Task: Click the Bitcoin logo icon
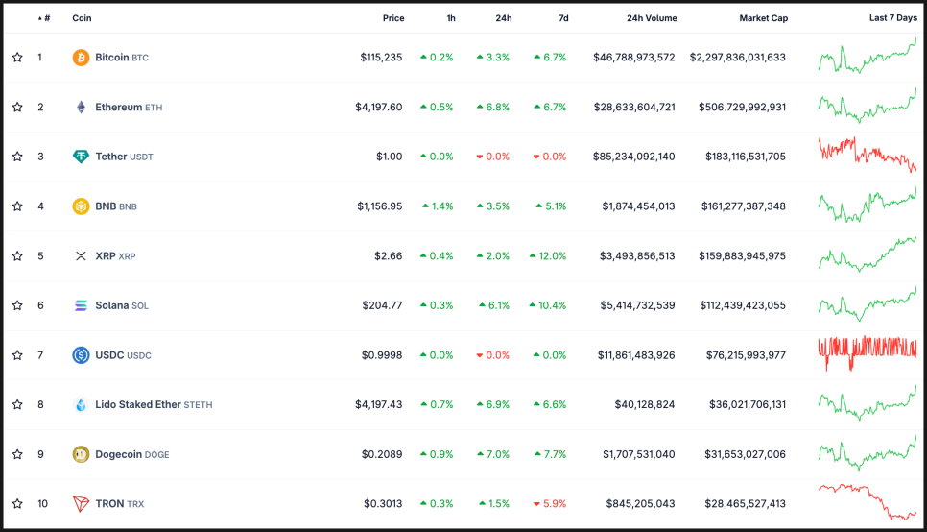[82, 58]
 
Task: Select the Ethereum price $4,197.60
[379, 108]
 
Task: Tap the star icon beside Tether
[17, 157]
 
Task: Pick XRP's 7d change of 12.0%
[548, 256]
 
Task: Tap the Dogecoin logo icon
[82, 454]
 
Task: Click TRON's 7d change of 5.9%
[550, 504]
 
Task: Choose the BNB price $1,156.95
[380, 206]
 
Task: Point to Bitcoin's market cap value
[737, 58]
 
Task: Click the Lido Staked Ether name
[138, 405]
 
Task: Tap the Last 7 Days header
[892, 18]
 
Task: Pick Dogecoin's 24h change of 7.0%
[493, 454]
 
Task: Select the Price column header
[393, 18]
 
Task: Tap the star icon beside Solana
[17, 305]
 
